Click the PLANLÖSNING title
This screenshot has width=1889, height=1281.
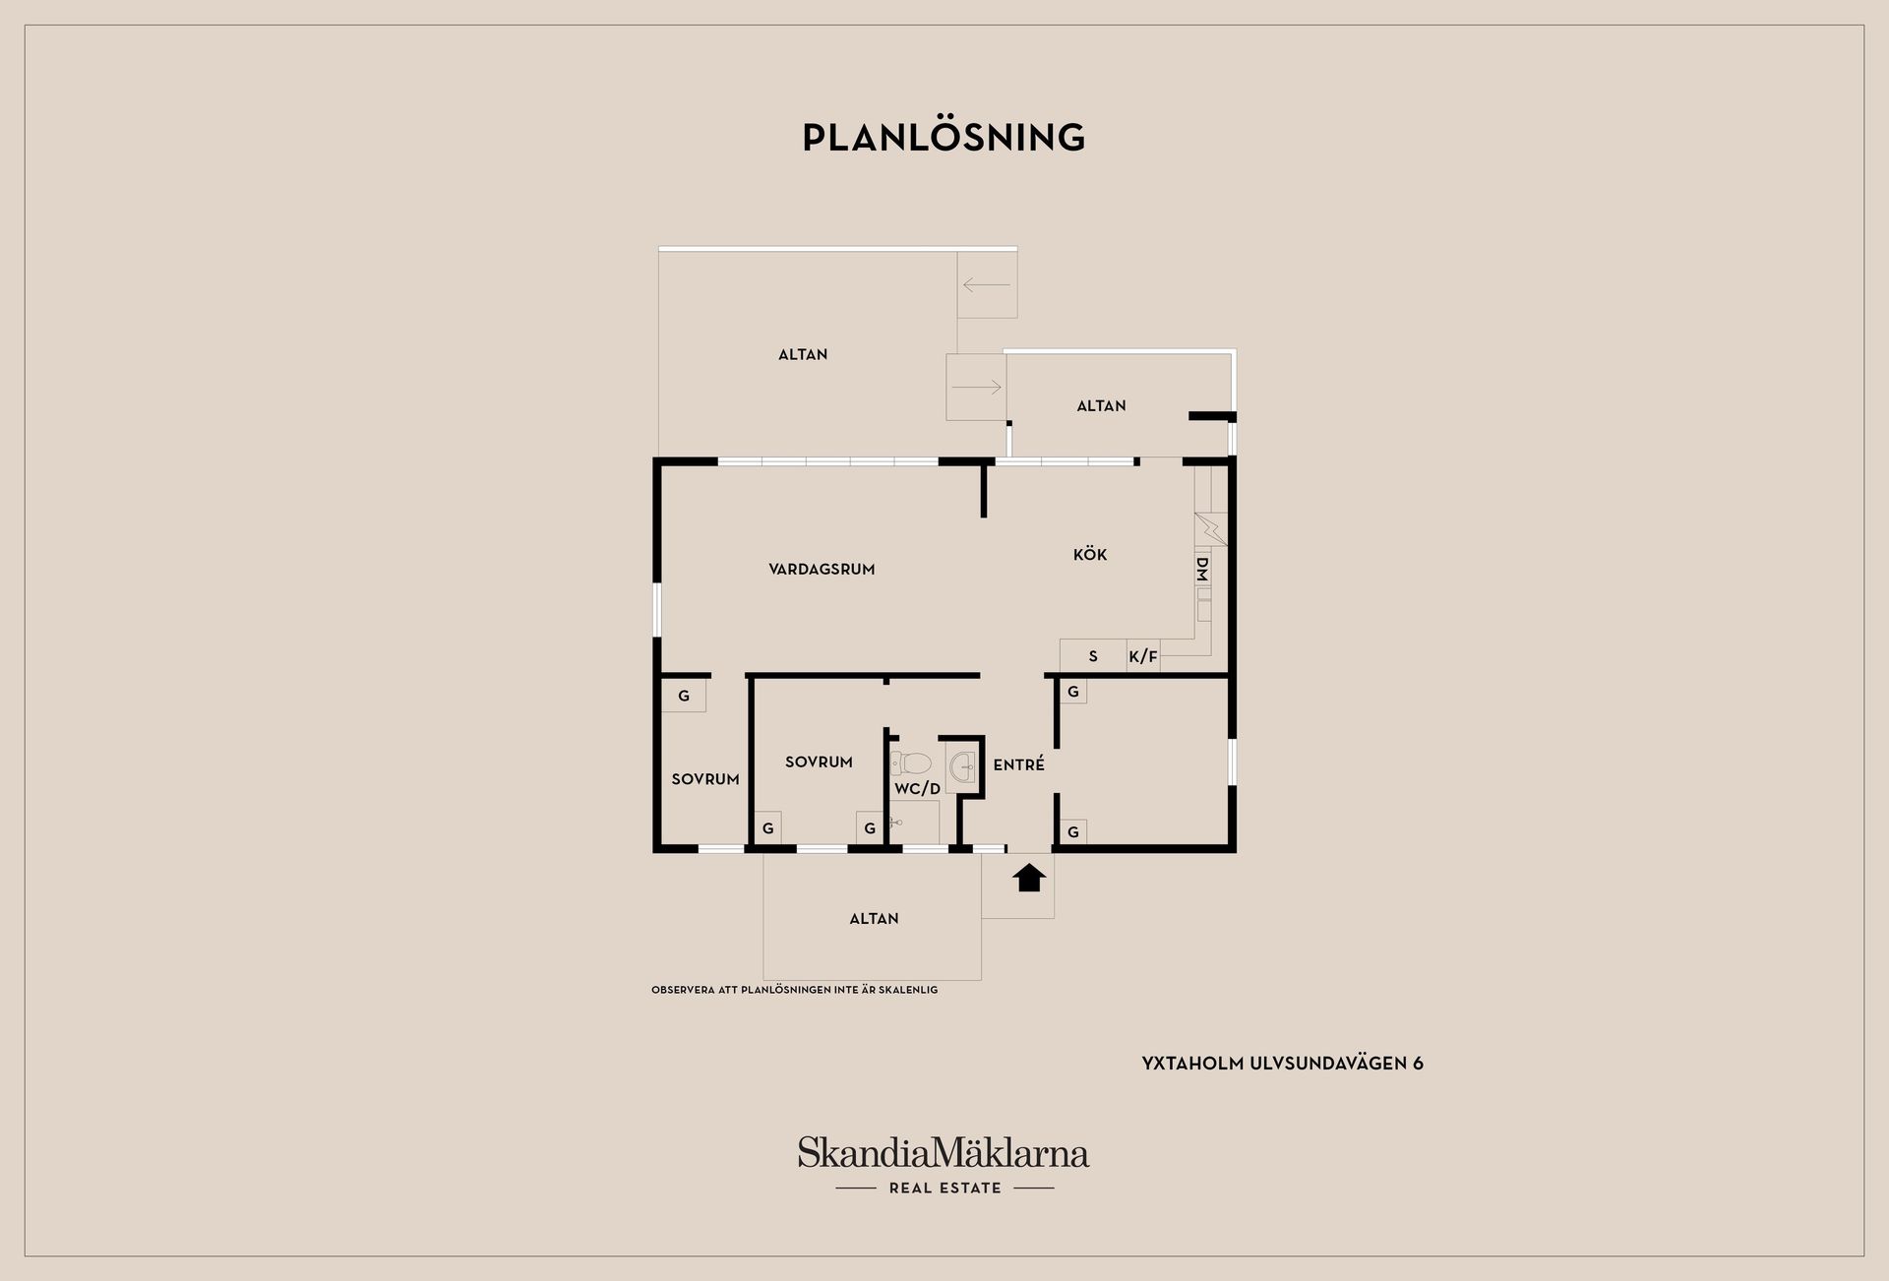click(944, 138)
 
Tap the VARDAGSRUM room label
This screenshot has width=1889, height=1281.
click(822, 569)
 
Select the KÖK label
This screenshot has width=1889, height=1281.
click(1090, 554)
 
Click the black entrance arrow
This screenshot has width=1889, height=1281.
click(1029, 878)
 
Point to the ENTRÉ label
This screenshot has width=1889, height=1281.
click(1018, 764)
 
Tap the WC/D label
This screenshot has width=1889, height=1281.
click(917, 789)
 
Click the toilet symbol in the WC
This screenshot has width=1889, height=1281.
click(911, 762)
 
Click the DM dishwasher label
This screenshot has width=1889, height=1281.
click(1201, 568)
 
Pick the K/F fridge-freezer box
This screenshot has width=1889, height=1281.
click(1143, 656)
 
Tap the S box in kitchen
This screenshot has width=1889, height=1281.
click(1093, 656)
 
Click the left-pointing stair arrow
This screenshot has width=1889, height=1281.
click(987, 285)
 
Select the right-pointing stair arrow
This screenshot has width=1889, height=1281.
click(976, 387)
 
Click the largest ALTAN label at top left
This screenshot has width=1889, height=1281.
click(803, 354)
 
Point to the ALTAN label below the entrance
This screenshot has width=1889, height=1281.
click(874, 918)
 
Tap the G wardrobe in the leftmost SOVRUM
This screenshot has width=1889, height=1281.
click(684, 696)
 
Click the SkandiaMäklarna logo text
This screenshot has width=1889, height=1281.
click(944, 1152)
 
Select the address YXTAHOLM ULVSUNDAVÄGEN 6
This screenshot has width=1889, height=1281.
click(1282, 1064)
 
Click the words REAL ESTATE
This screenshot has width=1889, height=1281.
click(944, 1188)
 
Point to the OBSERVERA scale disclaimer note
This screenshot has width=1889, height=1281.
click(794, 990)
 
